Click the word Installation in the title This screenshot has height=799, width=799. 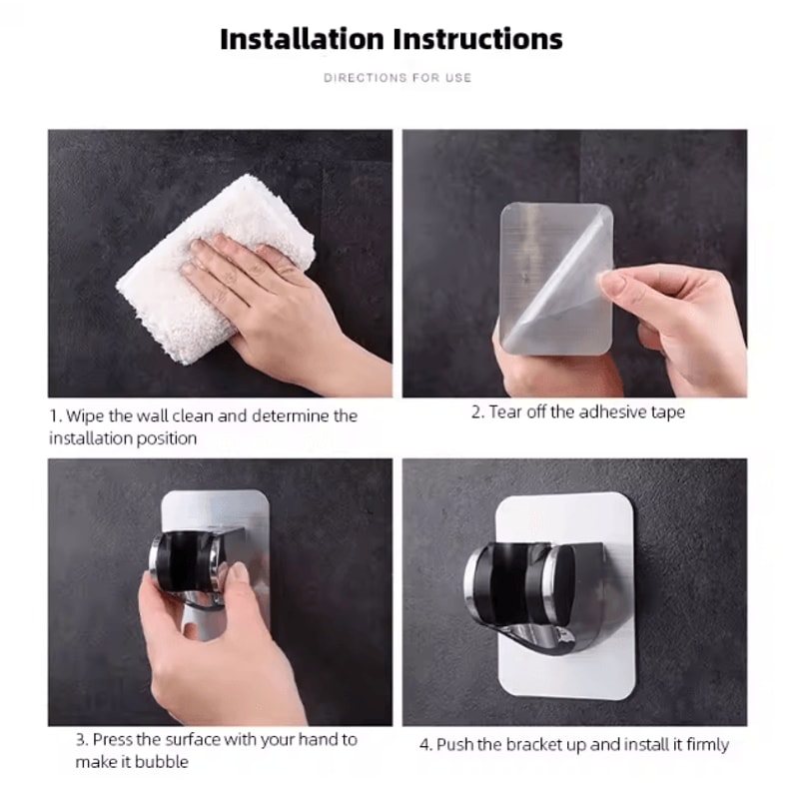(302, 40)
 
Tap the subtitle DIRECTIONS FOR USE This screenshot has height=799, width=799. (398, 77)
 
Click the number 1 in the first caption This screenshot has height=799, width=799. (53, 415)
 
